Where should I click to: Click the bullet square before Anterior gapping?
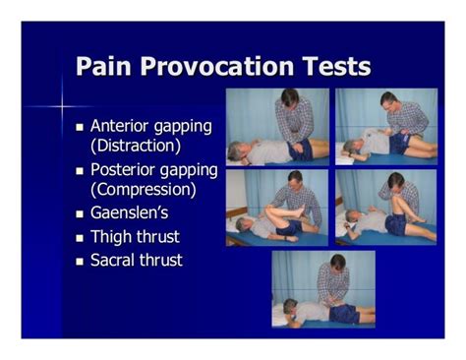tap(81, 128)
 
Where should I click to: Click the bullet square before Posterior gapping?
tap(81, 171)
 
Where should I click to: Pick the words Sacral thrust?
tap(137, 261)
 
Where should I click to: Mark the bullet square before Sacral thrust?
tap(81, 262)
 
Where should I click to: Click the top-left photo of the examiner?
tap(278, 126)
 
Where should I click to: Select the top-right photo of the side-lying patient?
tap(385, 126)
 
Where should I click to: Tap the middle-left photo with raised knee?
tap(277, 208)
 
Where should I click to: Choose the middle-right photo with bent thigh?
tap(385, 208)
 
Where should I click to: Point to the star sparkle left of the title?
tap(60, 101)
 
